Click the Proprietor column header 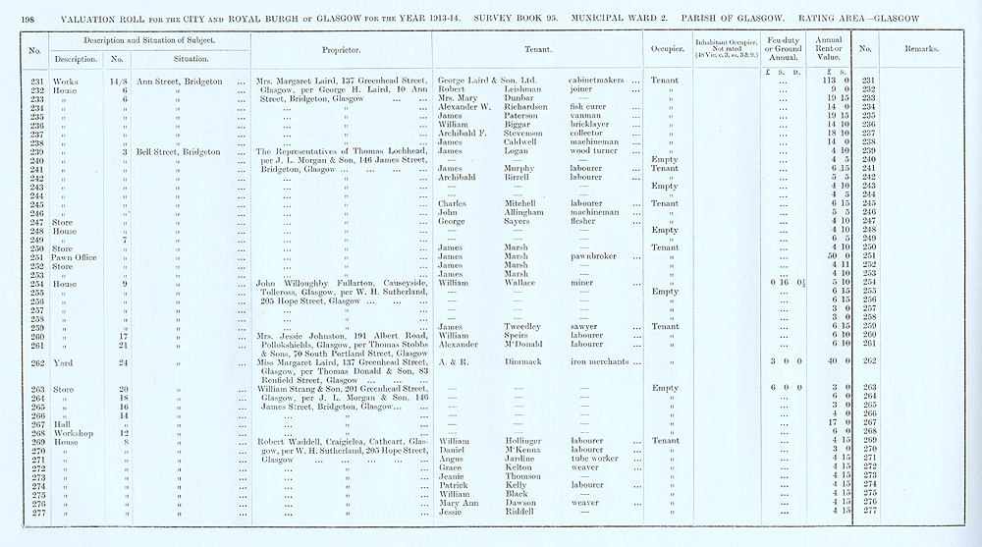(x=342, y=48)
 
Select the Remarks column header (x=920, y=48)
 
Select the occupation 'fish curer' (x=589, y=107)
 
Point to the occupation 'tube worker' (x=594, y=459)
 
